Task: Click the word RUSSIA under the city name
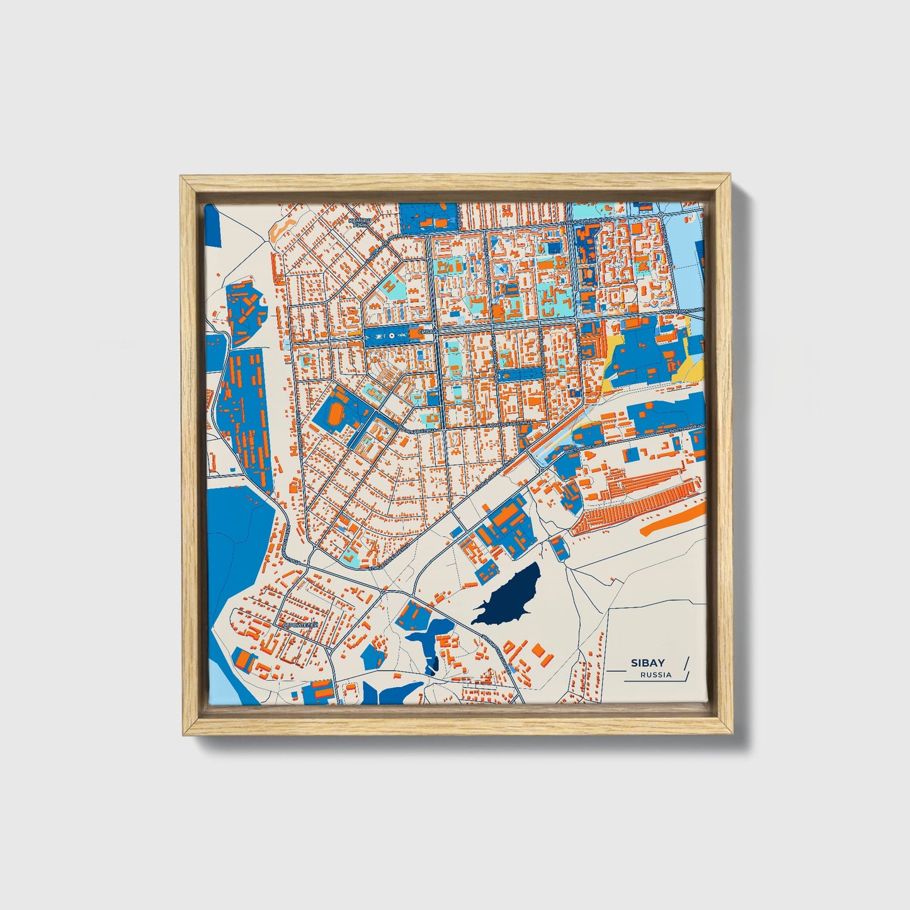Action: pyautogui.click(x=656, y=675)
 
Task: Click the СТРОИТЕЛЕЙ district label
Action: pyautogui.click(x=300, y=625)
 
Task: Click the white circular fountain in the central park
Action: pyautogui.click(x=392, y=336)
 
